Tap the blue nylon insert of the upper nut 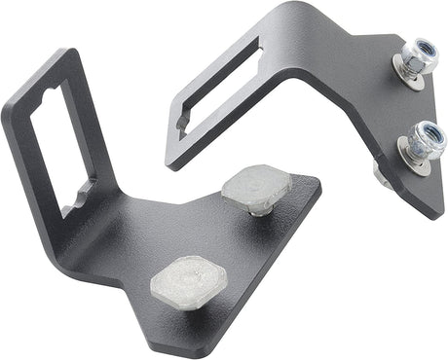pyautogui.click(x=413, y=51)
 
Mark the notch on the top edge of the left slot pyautogui.click(x=44, y=95)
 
